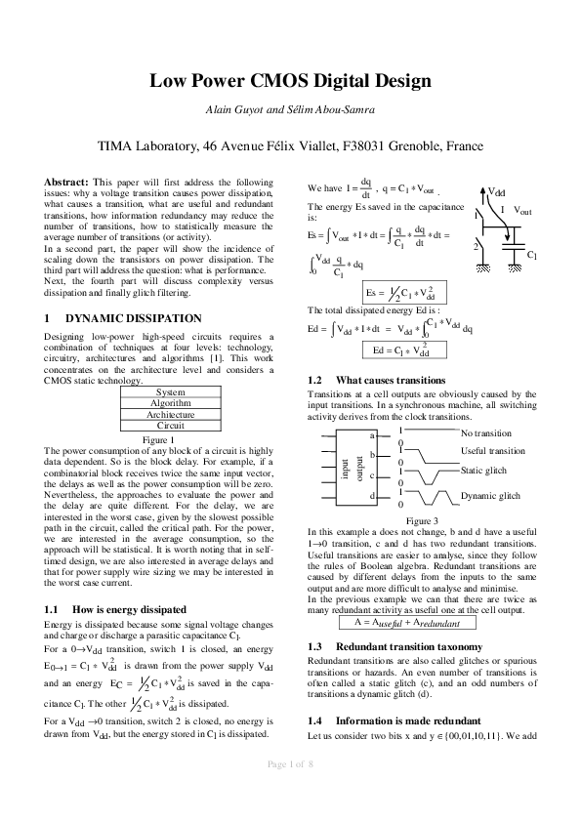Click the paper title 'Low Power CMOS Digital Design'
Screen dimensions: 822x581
click(290, 82)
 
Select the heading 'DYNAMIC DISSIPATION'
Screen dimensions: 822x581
click(133, 318)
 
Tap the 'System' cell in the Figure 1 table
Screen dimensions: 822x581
click(170, 392)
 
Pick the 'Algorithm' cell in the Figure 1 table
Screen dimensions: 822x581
click(170, 403)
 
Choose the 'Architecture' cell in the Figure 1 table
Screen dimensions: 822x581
click(170, 415)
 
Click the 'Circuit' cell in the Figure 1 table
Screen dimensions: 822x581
click(170, 426)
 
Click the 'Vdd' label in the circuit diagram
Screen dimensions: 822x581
click(497, 192)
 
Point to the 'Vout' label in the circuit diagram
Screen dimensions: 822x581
click(522, 212)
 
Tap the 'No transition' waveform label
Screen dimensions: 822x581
click(485, 432)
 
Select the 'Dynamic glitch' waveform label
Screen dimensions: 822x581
click(490, 496)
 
